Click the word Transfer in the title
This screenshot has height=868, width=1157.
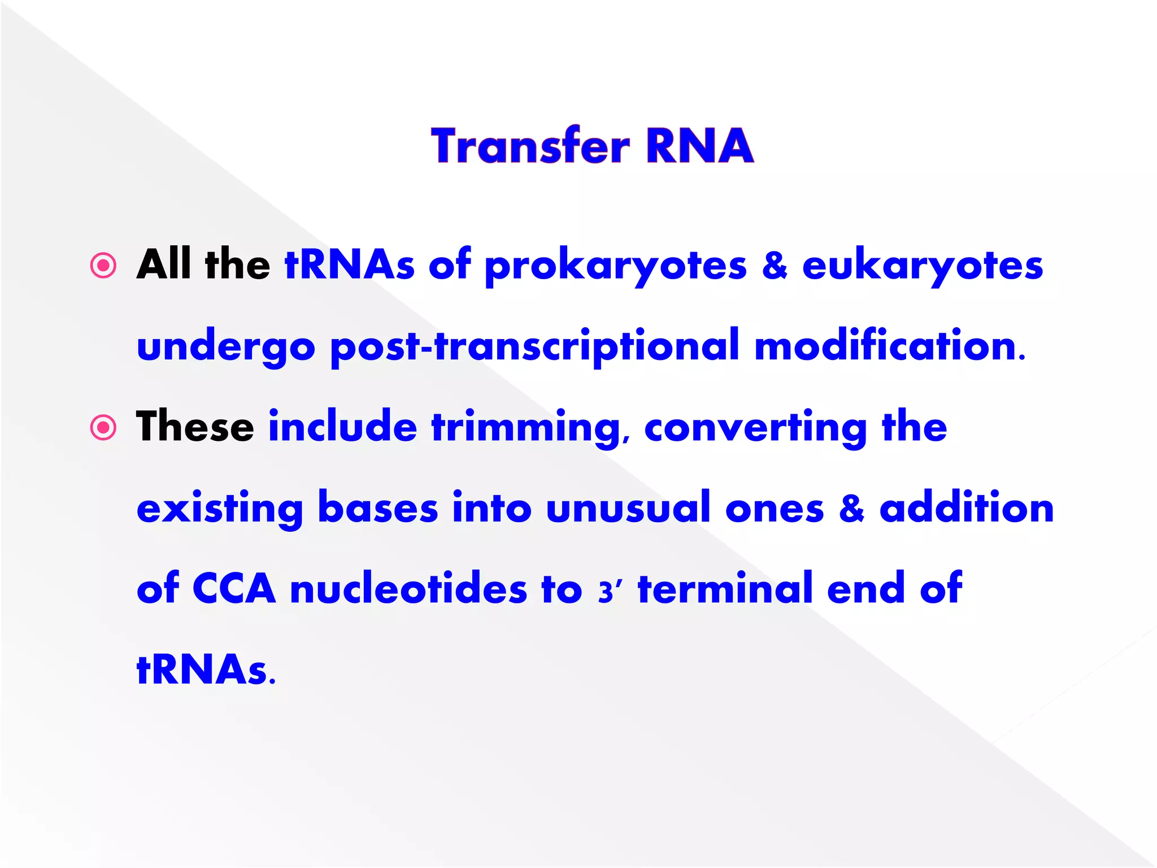coord(530,146)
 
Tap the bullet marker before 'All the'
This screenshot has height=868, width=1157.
coord(103,266)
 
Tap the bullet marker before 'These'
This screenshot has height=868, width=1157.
coord(103,428)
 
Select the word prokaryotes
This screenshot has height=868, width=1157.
coord(615,267)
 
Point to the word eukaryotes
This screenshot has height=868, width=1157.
coord(922,267)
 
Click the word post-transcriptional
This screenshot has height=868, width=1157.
coord(534,347)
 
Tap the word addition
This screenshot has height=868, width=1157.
coord(967,508)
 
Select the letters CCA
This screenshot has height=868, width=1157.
coord(234,589)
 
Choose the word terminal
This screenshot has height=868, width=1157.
coord(725,589)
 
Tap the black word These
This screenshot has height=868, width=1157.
coord(195,427)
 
